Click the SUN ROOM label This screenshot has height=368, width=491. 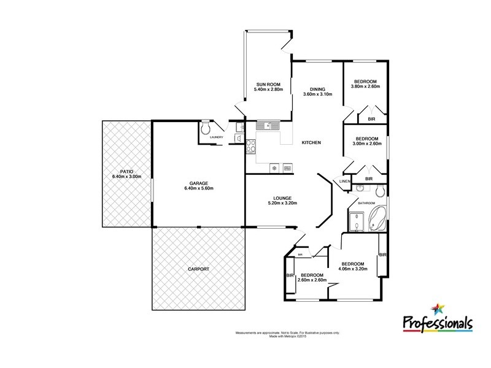pyautogui.click(x=266, y=84)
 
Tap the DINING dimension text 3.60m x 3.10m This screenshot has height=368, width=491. pyautogui.click(x=317, y=94)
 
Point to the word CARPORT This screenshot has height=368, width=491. pyautogui.click(x=198, y=269)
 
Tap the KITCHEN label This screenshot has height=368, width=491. pyautogui.click(x=311, y=143)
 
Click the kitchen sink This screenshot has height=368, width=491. pyautogui.click(x=268, y=126)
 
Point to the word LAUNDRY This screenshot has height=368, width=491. pyautogui.click(x=216, y=137)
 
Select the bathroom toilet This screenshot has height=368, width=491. pyautogui.click(x=381, y=189)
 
